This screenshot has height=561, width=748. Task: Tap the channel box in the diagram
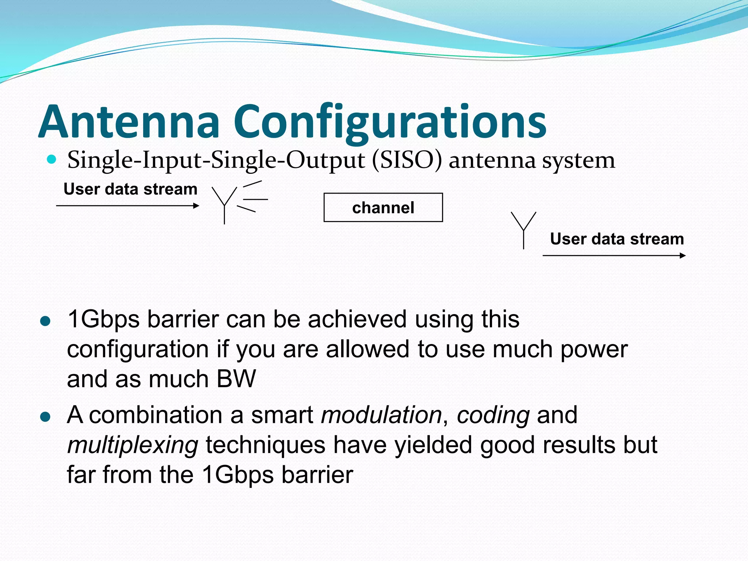pos(383,207)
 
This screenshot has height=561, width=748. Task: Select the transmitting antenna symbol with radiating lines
pos(234,202)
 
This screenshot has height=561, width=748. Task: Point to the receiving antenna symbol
pos(523,229)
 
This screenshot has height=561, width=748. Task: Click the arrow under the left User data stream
pos(128,206)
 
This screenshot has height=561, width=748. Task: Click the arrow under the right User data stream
pos(614,256)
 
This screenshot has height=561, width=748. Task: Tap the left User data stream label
pos(130,189)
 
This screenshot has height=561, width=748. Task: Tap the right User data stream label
pos(617,239)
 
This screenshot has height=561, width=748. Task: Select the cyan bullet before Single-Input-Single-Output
pos(52,159)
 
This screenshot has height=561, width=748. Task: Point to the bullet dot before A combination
pos(45,417)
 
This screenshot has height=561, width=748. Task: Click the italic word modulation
pos(381,415)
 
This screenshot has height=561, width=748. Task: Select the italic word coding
pos(493,415)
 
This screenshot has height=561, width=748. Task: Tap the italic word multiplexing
pos(133,445)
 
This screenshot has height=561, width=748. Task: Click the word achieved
pos(357,319)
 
